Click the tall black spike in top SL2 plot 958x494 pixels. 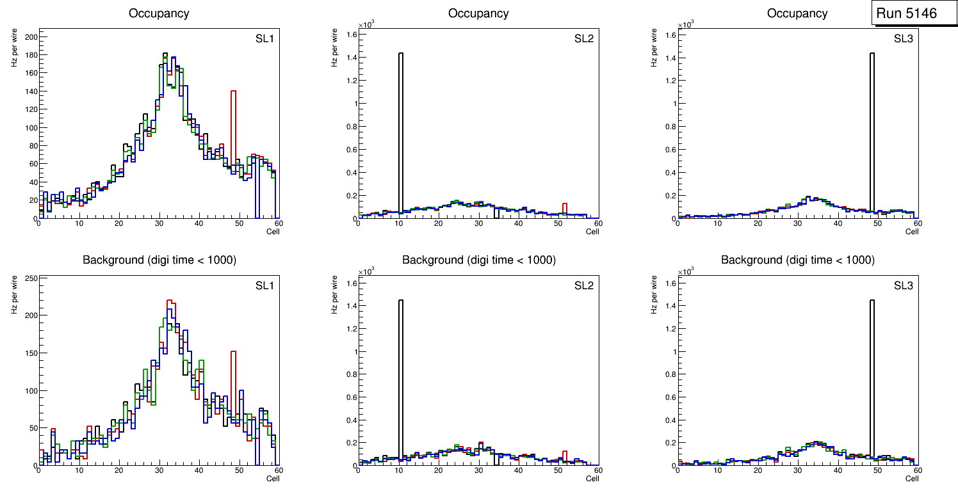coord(400,128)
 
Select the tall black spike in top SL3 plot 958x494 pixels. coord(872,128)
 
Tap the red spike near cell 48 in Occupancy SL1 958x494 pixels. coord(234,122)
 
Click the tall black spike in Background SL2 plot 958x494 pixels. coord(400,378)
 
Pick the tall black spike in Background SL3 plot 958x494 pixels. coord(872,378)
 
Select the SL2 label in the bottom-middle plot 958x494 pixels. coord(583,285)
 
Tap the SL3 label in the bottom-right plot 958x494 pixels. coord(903,285)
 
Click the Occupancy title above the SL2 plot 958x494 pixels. coord(478,13)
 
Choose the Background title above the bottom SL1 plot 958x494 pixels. coord(159,260)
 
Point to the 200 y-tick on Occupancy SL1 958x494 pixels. coord(30,36)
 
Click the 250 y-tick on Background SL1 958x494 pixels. coord(30,278)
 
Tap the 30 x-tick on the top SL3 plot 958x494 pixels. coord(797,223)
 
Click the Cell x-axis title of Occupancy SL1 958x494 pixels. coord(273,232)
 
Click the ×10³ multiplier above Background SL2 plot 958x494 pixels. coord(365,272)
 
